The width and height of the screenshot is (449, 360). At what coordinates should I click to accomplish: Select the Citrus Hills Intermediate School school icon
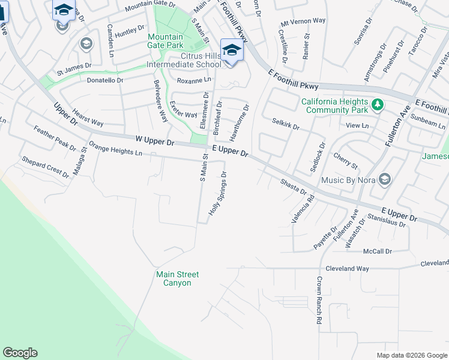coord(231,50)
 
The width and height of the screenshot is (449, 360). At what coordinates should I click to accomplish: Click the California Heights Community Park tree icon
coord(377,106)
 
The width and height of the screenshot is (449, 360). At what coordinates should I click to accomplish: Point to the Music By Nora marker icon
coord(385,179)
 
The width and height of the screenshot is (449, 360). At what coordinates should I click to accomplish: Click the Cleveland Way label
coord(348,269)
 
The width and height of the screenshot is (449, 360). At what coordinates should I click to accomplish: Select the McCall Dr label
coord(378,251)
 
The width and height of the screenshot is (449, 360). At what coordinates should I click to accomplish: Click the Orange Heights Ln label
coord(115,148)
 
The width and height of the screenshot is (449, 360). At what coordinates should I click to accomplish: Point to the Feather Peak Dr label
coord(55,139)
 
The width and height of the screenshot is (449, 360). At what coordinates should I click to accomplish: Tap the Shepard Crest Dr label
coord(45,167)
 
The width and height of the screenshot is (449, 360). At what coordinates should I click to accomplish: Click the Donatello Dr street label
coord(105,80)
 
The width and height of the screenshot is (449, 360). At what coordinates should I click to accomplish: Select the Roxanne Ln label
coord(194,79)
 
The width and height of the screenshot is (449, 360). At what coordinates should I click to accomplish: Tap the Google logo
coord(20,353)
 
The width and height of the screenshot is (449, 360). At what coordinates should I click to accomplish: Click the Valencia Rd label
coord(303,211)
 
